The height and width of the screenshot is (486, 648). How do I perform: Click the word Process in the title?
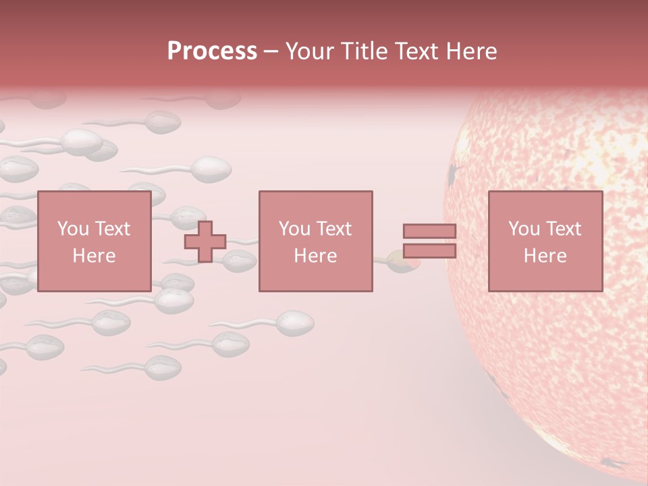click(x=212, y=51)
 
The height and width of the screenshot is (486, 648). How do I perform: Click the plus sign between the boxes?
click(x=205, y=242)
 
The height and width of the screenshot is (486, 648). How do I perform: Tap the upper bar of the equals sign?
click(x=429, y=231)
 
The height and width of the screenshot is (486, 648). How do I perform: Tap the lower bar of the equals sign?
click(x=429, y=251)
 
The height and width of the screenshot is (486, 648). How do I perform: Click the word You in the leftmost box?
click(x=72, y=229)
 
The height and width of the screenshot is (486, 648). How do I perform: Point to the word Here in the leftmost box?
click(x=94, y=256)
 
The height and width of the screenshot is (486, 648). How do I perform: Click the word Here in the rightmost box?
click(x=545, y=256)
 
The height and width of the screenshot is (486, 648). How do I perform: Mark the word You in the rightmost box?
click(x=523, y=229)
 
